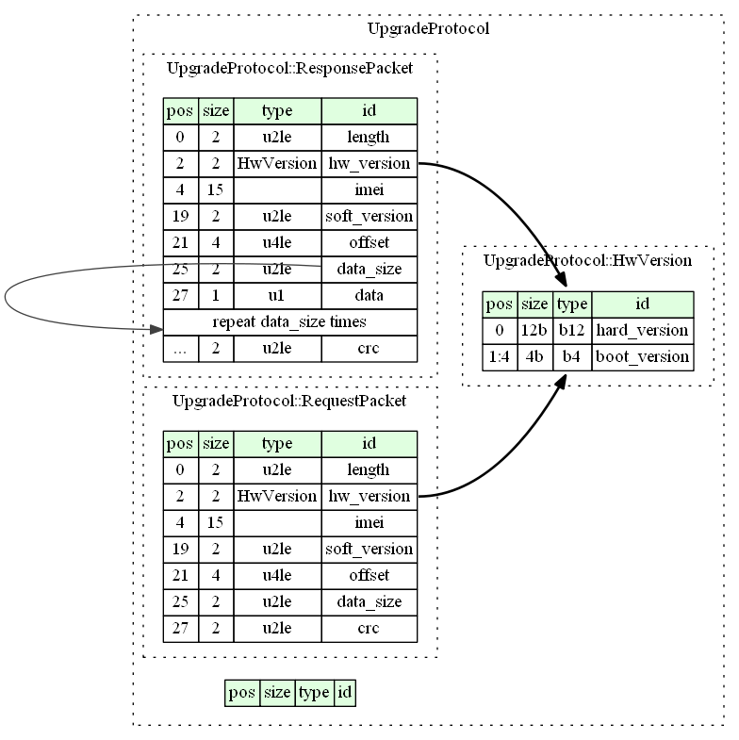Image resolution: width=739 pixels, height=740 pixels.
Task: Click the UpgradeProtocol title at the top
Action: (428, 29)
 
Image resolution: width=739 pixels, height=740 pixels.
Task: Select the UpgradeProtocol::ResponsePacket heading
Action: (289, 69)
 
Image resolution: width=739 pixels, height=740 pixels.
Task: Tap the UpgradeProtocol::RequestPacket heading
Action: (289, 402)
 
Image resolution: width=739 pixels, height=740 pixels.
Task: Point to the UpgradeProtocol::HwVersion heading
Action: (587, 260)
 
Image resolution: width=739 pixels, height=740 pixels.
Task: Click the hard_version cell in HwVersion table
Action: (642, 331)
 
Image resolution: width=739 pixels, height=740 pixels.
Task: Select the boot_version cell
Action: (642, 357)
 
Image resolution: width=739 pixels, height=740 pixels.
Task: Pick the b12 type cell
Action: (572, 331)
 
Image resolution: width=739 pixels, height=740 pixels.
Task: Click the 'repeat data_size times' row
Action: (289, 322)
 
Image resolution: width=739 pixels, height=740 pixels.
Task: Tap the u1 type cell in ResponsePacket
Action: (277, 296)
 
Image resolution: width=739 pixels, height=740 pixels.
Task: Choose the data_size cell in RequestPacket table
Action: (369, 602)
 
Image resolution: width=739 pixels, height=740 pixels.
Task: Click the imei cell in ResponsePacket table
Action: (369, 190)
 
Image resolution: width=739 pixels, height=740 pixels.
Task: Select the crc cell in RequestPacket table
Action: (369, 629)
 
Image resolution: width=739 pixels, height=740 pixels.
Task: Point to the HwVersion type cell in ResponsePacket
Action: (277, 164)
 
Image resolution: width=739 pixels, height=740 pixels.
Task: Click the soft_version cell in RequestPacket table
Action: (369, 550)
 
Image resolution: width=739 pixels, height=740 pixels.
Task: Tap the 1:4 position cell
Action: (500, 357)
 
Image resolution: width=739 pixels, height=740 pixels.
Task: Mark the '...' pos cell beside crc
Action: (180, 349)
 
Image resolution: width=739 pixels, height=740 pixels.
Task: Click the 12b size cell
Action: (534, 331)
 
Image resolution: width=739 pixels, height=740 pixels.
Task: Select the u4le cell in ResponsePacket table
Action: (277, 243)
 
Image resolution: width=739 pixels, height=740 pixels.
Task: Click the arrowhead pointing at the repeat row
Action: (156, 329)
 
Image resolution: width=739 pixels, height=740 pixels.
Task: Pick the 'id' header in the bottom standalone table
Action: (344, 693)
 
